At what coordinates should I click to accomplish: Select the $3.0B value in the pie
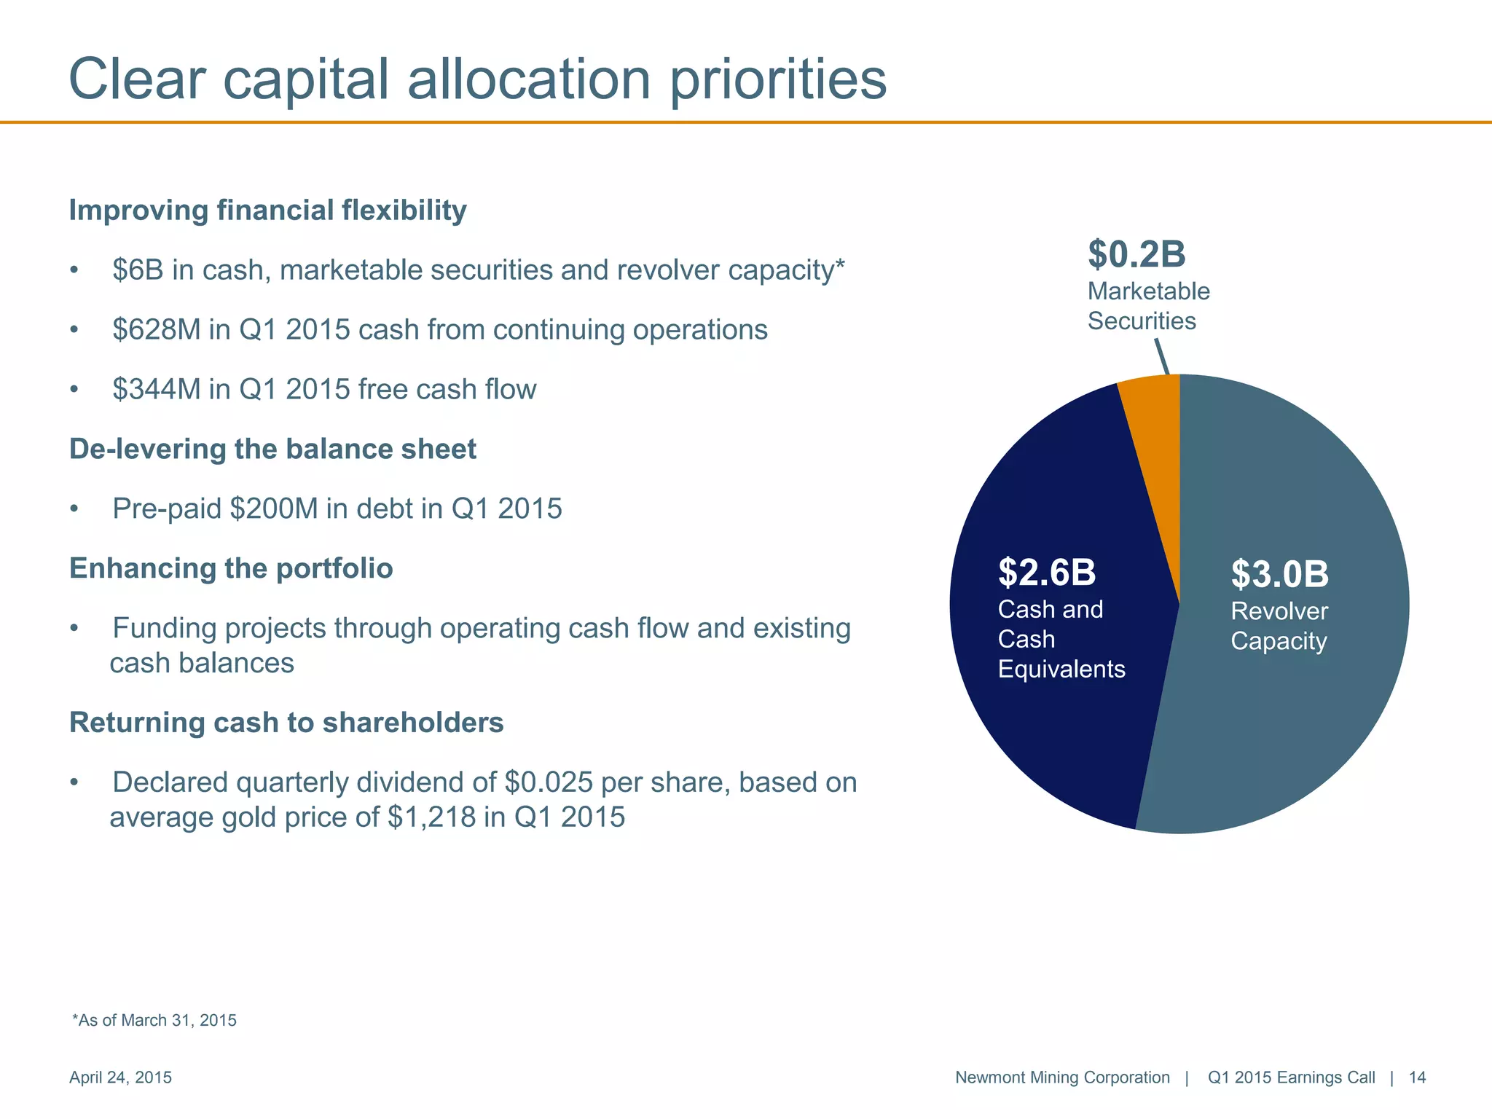point(1279,574)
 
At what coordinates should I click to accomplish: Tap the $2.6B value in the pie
point(1046,573)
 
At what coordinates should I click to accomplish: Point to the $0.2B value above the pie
point(1136,255)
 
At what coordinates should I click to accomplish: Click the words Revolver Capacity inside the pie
point(1279,627)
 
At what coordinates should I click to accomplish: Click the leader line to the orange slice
point(1163,358)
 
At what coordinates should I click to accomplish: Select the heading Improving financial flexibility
point(267,211)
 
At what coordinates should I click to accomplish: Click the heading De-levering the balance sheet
point(272,449)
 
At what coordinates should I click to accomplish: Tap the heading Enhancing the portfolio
point(231,569)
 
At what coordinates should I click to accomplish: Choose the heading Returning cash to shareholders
point(286,723)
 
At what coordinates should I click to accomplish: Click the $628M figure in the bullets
point(156,330)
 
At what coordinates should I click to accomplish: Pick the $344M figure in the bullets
point(156,390)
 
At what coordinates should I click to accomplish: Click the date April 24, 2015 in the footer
point(120,1077)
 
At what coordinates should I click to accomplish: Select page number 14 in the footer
point(1417,1077)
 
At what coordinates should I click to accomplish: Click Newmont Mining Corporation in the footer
point(1061,1077)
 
